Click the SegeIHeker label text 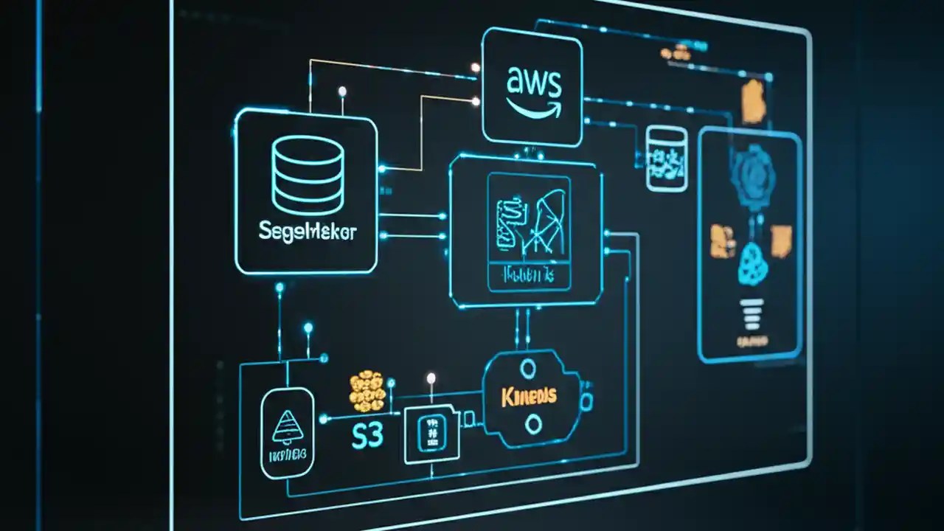tap(308, 232)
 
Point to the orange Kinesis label tap(529, 397)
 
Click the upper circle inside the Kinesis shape tap(528, 368)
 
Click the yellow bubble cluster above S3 tap(367, 390)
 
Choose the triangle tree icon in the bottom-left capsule tap(288, 426)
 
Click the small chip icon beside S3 tap(431, 434)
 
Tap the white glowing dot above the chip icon tap(431, 378)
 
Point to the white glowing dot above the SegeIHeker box tap(342, 91)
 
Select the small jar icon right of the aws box tap(666, 159)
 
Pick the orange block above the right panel tap(753, 102)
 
